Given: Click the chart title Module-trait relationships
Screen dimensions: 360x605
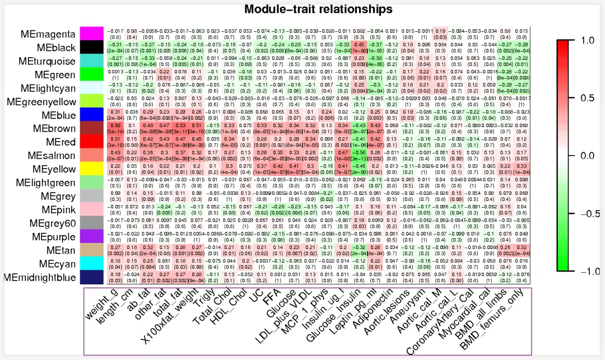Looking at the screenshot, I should [319, 9].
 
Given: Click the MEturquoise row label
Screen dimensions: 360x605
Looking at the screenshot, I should [48, 60].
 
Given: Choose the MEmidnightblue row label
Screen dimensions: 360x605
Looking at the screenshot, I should [40, 277].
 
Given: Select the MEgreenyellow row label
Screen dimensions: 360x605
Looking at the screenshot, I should [44, 101].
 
